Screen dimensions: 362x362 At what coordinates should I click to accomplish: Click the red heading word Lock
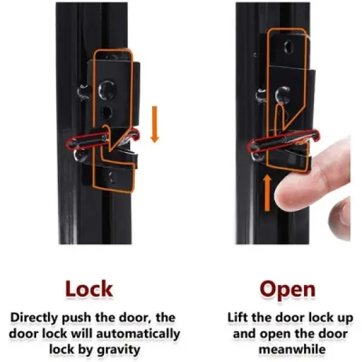click(x=89, y=289)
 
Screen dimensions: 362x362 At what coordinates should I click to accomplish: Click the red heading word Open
click(x=288, y=290)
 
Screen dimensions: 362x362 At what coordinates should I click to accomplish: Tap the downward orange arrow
click(x=155, y=124)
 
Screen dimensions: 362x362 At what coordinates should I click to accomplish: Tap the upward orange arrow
click(x=267, y=193)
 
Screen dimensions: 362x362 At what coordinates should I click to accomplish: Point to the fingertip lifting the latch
click(x=291, y=192)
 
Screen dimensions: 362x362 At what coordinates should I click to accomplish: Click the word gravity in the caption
click(x=118, y=350)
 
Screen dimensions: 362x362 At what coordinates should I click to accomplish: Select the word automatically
click(x=138, y=334)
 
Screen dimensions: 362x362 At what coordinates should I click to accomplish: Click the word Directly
click(x=35, y=318)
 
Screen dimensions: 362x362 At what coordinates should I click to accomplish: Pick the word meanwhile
click(x=292, y=349)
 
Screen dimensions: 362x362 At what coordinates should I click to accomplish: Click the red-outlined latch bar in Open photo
click(x=283, y=141)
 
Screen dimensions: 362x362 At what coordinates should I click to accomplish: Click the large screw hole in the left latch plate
click(x=107, y=90)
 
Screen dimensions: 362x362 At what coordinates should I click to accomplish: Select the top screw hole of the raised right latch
click(x=288, y=47)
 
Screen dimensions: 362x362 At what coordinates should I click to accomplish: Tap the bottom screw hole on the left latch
click(x=113, y=178)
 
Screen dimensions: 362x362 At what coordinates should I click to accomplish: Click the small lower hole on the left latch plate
click(x=106, y=113)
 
